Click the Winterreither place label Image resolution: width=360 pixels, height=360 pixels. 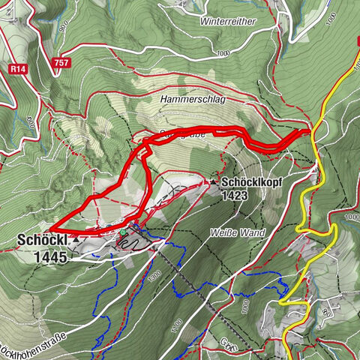228,21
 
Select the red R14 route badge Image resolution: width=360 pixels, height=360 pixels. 20,67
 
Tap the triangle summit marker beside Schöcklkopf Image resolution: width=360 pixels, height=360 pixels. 214,181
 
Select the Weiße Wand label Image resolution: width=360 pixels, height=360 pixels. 238,233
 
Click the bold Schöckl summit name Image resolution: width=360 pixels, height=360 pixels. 41,241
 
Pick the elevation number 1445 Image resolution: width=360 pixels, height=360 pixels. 50,256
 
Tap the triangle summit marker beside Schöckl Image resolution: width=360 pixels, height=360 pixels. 76,238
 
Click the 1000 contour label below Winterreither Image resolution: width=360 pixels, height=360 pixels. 222,54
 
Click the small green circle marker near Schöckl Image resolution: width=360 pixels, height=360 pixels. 121,233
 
